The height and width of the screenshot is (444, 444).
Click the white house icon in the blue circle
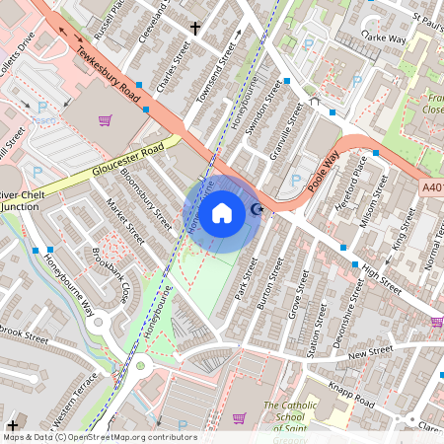click(x=222, y=212)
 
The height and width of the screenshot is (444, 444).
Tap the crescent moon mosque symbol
click(x=258, y=208)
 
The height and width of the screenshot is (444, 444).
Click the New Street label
click(x=370, y=352)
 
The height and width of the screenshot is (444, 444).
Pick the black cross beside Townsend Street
click(x=195, y=29)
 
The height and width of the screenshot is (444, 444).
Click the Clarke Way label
click(x=385, y=37)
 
